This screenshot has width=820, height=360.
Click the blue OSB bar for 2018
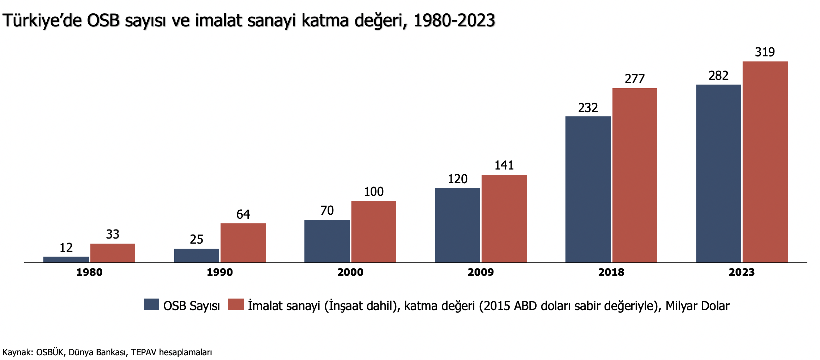[588, 189]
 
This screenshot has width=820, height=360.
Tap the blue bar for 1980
[66, 260]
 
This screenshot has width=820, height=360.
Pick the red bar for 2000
[373, 232]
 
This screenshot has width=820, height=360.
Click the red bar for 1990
[243, 243]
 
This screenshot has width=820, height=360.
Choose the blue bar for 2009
[457, 225]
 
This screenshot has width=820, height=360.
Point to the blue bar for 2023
[718, 173]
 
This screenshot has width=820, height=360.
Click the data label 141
[504, 166]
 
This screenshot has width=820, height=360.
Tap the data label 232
[588, 108]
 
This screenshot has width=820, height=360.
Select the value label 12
[66, 248]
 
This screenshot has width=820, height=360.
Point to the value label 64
[243, 214]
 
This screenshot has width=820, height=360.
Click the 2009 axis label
[481, 272]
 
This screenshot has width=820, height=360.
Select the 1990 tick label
[220, 272]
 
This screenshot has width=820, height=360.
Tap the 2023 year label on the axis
[742, 272]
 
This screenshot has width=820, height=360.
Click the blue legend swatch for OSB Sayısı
[151, 304]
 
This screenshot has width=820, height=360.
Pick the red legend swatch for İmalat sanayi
[236, 304]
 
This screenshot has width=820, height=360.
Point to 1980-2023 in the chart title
[454, 21]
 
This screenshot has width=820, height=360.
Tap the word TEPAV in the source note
[144, 352]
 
